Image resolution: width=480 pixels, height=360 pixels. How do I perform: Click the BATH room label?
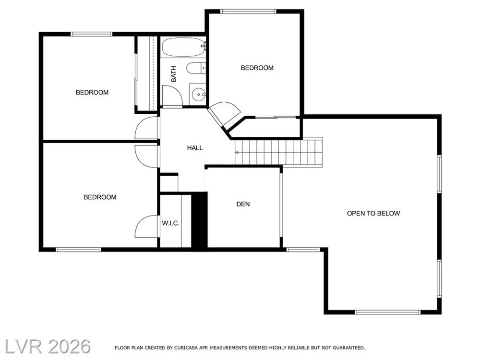pos(174,74)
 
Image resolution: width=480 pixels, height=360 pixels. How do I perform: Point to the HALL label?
pos(195,148)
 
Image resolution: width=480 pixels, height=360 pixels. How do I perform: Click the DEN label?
pos(243,204)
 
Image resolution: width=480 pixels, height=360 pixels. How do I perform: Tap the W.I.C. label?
pos(170,223)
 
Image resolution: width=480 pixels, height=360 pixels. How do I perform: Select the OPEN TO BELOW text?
pos(373,214)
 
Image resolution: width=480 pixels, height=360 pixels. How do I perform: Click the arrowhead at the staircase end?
pos(237,152)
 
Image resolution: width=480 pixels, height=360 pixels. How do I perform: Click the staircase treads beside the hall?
pos(278,152)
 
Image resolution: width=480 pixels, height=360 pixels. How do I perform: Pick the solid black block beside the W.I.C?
pos(199,219)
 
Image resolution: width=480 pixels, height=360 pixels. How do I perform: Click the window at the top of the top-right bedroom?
pos(248,12)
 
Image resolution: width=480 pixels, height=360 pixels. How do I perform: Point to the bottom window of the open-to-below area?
pos(387,312)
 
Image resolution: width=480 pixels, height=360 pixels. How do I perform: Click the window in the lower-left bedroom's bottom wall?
pos(78,250)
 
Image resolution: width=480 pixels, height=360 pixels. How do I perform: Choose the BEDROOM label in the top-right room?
pos(257,68)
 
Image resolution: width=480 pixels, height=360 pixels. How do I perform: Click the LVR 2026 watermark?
pos(48,347)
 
